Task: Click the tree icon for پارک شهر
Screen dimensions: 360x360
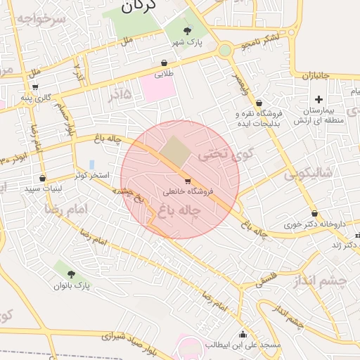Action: [187, 30]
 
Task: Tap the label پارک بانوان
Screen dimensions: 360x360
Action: [72, 285]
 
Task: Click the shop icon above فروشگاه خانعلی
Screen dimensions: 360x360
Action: [187, 180]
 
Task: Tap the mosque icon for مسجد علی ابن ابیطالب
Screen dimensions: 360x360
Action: [243, 334]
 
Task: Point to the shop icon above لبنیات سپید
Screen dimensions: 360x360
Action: [44, 178]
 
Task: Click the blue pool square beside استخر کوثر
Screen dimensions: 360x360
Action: [91, 165]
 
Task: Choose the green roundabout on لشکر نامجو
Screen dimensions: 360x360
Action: [225, 50]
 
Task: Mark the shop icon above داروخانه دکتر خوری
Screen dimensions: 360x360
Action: [314, 214]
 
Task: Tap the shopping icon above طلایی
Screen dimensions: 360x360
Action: [164, 63]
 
